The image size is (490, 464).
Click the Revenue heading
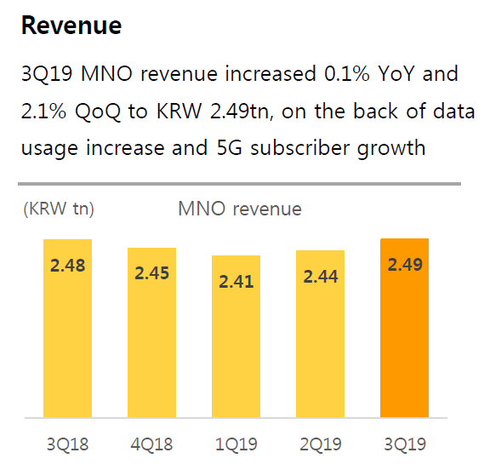71,26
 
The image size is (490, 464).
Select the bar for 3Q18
67,341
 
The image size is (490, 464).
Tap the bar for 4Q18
151,341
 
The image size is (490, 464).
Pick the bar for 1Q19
236,341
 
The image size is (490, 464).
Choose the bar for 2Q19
320,341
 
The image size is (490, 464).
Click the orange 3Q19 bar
405,341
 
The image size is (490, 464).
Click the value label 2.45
151,273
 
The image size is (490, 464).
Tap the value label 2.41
236,281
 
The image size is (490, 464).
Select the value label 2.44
320,275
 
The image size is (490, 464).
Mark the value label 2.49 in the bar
405,265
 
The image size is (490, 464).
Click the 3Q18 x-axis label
67,444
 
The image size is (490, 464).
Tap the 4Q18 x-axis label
151,444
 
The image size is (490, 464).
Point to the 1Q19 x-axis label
236,444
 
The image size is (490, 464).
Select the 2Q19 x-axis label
320,444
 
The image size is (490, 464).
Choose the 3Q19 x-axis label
405,444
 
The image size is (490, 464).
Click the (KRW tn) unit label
59,209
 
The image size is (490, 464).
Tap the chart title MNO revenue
240,209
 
